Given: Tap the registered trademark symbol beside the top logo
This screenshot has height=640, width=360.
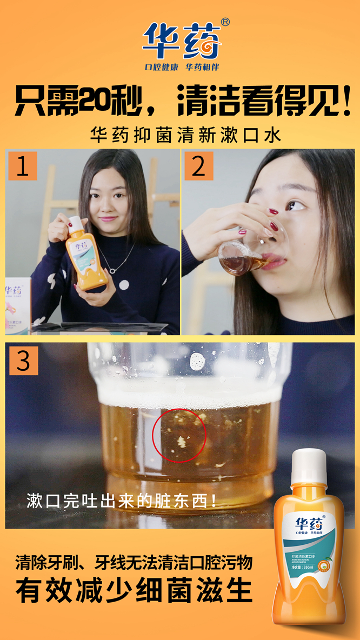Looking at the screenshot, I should click(x=225, y=22).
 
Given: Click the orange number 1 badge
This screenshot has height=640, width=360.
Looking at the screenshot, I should click(x=23, y=166).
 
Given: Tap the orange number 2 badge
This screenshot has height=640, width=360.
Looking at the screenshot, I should click(x=199, y=166).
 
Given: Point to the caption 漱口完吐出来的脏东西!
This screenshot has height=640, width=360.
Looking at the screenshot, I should click(x=122, y=501).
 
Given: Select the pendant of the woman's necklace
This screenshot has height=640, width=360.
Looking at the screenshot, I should click(x=112, y=269).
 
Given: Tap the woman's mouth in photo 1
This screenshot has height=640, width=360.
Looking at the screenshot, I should click(x=108, y=219).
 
